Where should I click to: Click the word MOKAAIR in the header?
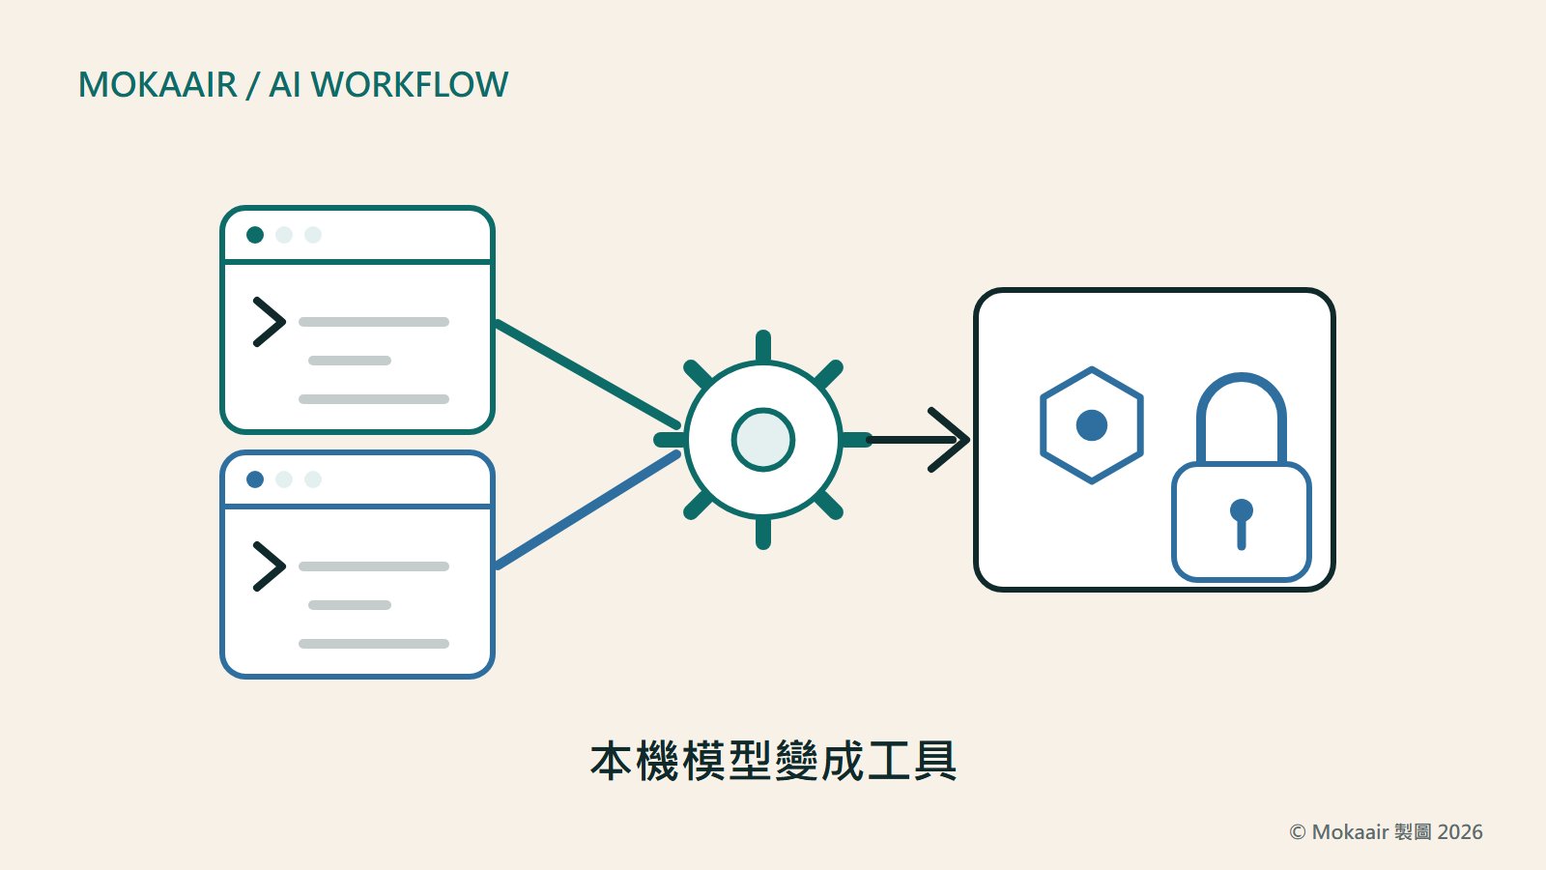click(157, 85)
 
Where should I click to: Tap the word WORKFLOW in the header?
click(410, 85)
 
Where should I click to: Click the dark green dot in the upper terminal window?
click(255, 235)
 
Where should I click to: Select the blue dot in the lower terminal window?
click(255, 479)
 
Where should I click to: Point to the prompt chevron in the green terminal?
click(270, 322)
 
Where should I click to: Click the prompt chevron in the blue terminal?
click(270, 566)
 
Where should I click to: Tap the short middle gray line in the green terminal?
click(349, 361)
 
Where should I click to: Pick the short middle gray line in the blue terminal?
click(349, 605)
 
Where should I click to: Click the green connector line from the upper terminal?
click(587, 374)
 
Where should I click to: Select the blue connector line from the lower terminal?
click(587, 510)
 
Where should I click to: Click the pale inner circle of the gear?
click(762, 440)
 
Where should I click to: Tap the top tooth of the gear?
click(762, 346)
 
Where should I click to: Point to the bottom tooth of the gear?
click(762, 534)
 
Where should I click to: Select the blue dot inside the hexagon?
click(1092, 425)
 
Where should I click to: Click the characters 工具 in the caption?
click(912, 761)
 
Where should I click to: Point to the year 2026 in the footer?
click(1460, 832)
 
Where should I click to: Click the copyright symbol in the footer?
click(1298, 832)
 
